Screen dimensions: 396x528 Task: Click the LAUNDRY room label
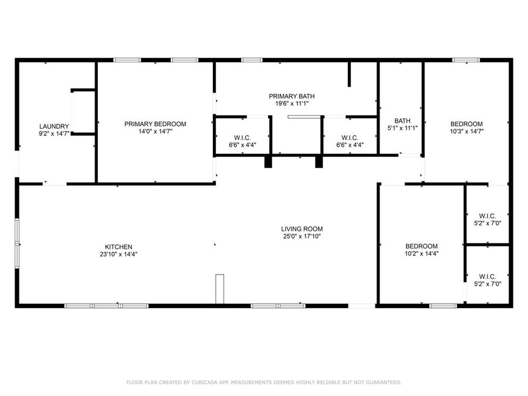pyautogui.click(x=54, y=126)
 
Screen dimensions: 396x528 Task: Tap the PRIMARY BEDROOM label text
pyautogui.click(x=155, y=124)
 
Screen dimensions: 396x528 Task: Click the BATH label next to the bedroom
pyautogui.click(x=402, y=120)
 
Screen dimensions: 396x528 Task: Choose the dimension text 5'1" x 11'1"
pyautogui.click(x=402, y=128)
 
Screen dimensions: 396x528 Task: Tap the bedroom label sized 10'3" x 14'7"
pyautogui.click(x=466, y=124)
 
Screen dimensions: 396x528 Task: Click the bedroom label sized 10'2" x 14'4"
pyautogui.click(x=422, y=246)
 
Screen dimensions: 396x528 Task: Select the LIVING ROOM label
pyautogui.click(x=302, y=229)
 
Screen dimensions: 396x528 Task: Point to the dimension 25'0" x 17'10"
pyautogui.click(x=302, y=236)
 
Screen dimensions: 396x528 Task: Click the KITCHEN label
pyautogui.click(x=118, y=246)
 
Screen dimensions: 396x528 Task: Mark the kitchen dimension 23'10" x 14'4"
pyautogui.click(x=118, y=254)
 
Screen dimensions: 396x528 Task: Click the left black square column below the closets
pyautogui.click(x=268, y=161)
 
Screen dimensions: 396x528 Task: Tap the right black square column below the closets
pyautogui.click(x=319, y=161)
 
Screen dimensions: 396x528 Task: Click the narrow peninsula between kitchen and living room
pyautogui.click(x=220, y=289)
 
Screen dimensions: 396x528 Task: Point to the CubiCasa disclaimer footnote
pyautogui.click(x=264, y=382)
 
